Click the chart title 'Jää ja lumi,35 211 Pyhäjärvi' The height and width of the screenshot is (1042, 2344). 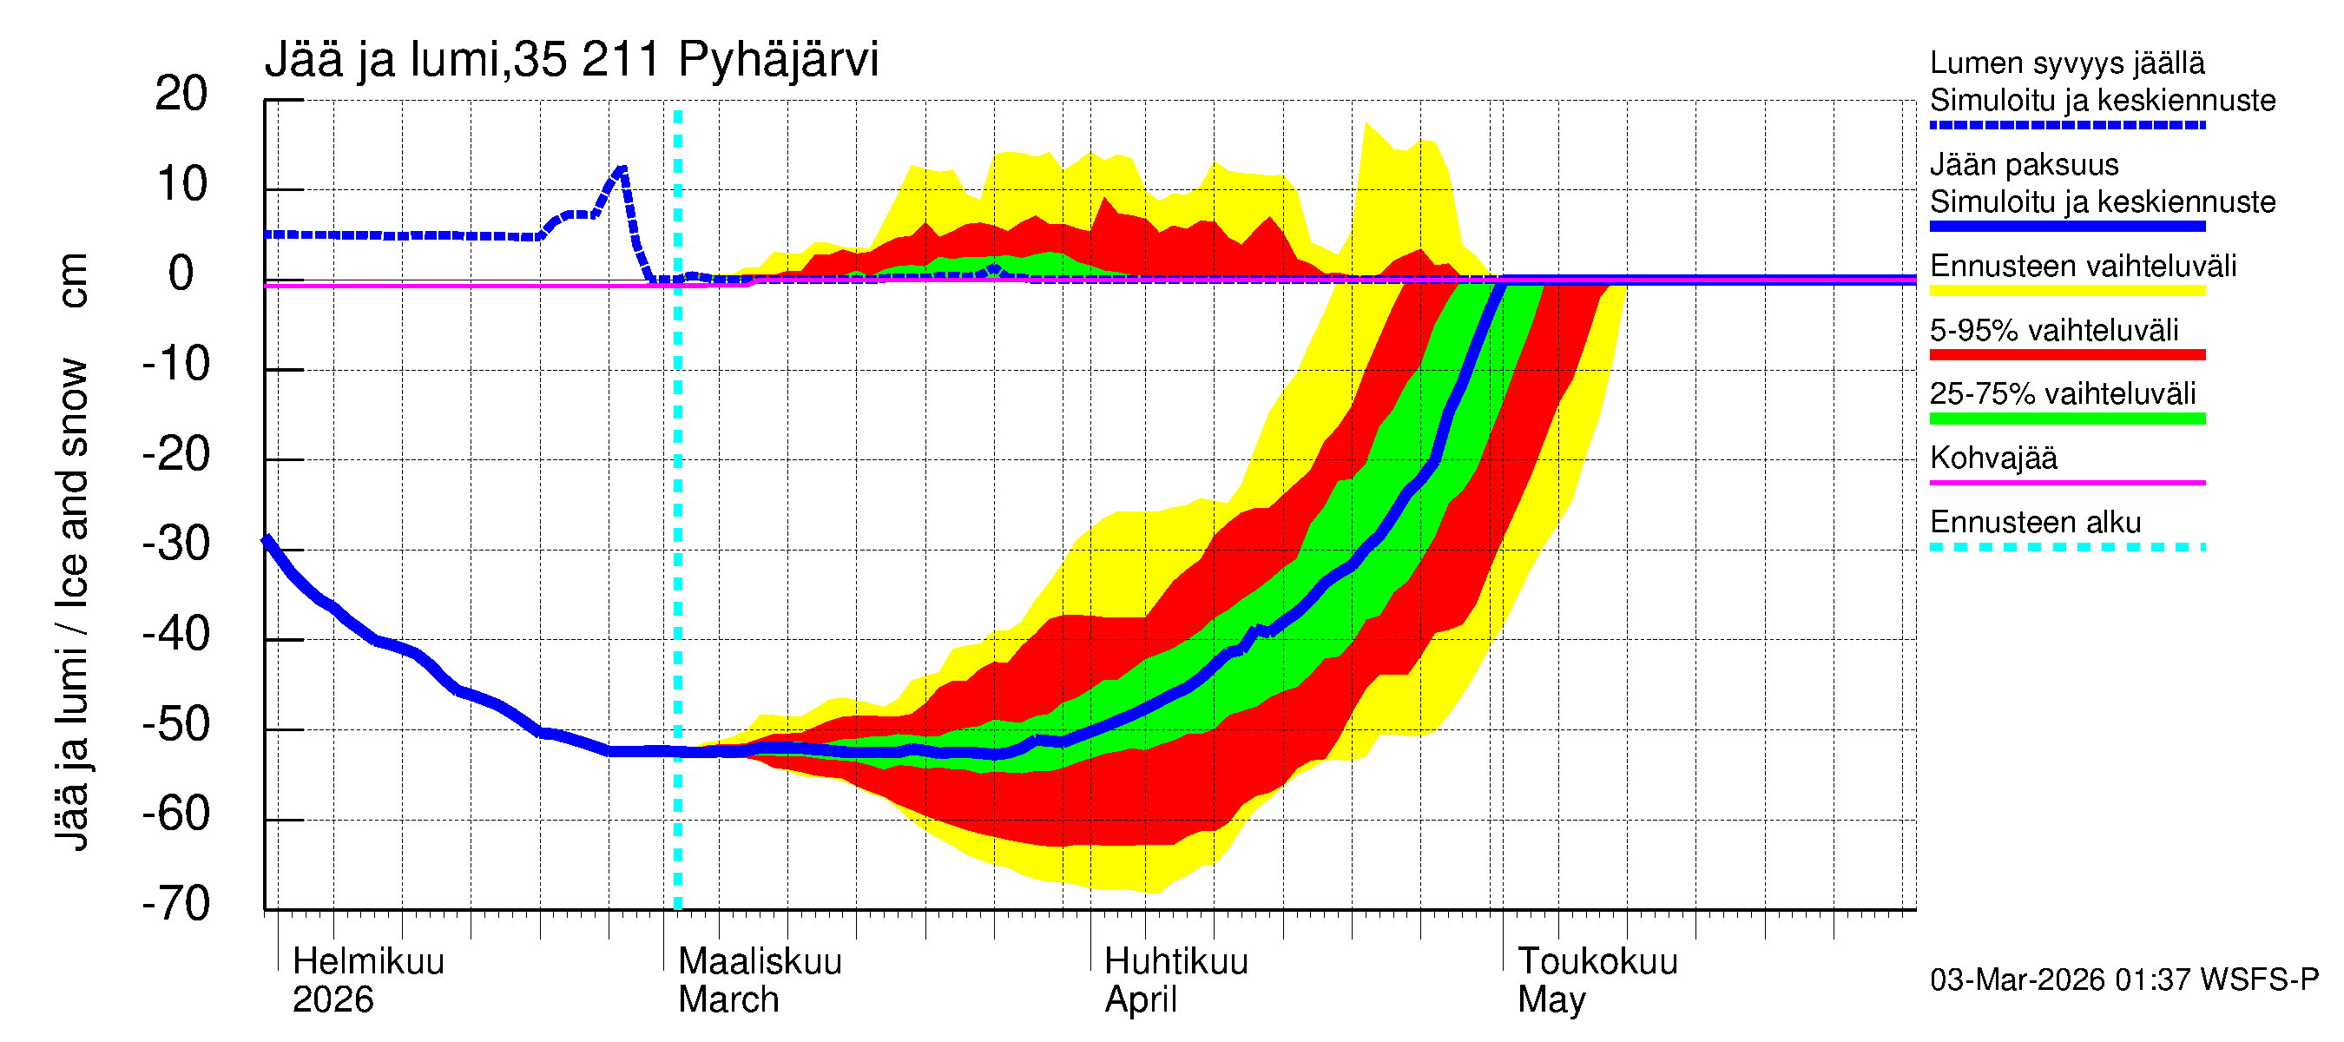point(571,60)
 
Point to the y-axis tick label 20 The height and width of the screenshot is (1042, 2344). point(181,94)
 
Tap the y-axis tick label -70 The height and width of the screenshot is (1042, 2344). point(176,905)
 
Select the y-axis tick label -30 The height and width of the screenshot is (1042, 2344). point(176,544)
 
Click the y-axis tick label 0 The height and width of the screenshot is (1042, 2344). point(181,274)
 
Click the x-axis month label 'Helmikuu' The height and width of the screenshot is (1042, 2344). point(368,962)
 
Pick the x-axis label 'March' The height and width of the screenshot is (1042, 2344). point(728,1000)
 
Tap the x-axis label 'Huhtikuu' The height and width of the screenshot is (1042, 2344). point(1175,962)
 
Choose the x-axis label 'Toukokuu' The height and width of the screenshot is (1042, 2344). point(1597,962)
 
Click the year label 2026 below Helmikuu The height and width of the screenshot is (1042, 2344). point(333,1000)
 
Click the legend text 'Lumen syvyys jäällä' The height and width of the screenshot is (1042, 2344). point(2067,63)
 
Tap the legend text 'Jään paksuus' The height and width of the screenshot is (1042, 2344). point(2025,165)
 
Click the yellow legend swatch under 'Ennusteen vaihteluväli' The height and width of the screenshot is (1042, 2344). point(2067,291)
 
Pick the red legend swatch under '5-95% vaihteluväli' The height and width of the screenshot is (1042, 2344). point(2067,355)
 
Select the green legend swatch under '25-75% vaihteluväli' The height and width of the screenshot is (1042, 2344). point(2067,419)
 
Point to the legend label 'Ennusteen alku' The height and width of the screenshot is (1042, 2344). point(2036,523)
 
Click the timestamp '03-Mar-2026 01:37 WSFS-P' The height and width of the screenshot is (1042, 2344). point(2123,980)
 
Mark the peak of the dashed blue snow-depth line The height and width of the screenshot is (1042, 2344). point(622,169)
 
